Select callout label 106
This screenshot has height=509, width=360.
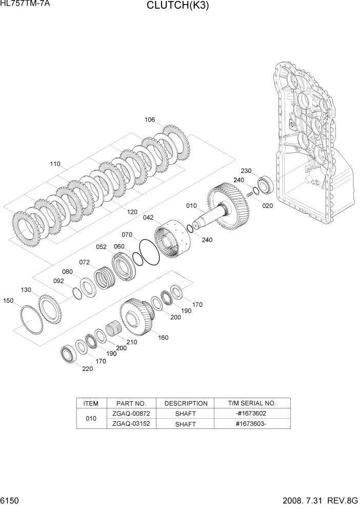149,120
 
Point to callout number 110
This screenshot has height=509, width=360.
55,164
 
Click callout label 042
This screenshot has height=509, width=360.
148,218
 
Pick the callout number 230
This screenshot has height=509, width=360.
246,171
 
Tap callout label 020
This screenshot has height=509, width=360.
268,206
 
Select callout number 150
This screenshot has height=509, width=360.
9,301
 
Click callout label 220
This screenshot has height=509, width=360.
88,369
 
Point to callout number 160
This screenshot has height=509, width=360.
163,338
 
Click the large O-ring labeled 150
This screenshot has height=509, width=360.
32,320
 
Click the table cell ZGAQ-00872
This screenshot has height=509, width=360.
131,414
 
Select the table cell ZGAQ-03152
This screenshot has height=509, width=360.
131,424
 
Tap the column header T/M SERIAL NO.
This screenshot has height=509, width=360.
252,403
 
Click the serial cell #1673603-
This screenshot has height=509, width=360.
252,424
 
